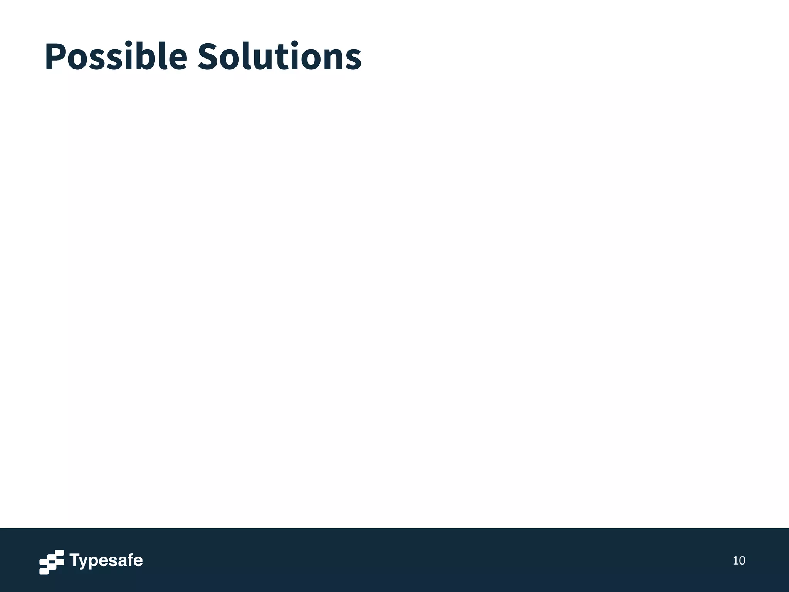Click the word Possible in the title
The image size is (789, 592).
point(116,57)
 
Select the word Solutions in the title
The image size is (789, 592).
point(279,57)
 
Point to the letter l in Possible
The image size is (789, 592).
point(163,56)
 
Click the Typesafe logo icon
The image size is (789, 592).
point(51,562)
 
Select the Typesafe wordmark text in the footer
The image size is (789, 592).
point(106,561)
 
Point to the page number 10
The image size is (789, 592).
point(739,561)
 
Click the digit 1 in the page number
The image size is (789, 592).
point(735,561)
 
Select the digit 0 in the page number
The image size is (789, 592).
point(742,561)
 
